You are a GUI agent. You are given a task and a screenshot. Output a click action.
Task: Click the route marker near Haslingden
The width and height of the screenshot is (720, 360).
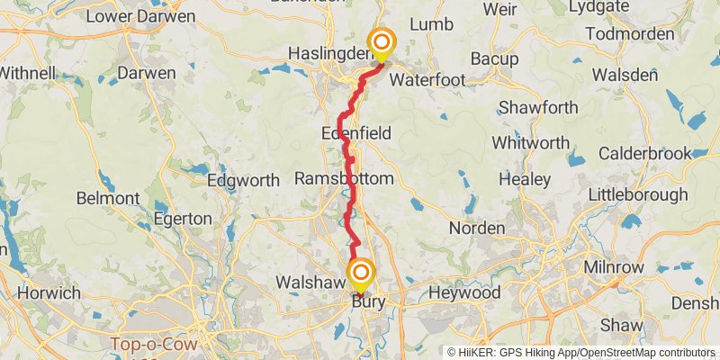pyautogui.click(x=382, y=43)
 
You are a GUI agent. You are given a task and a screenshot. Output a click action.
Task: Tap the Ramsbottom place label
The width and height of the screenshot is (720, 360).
pyautogui.click(x=344, y=179)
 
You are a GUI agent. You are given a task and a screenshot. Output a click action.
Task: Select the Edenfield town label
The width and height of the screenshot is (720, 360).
pyautogui.click(x=356, y=133)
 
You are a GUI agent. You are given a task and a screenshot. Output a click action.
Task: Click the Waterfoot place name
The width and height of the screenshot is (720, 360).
pyautogui.click(x=427, y=80)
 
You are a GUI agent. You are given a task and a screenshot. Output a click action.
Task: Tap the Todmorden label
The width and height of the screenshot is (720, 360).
pyautogui.click(x=629, y=34)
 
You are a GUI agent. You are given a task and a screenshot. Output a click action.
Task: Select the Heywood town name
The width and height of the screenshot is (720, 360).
pyautogui.click(x=464, y=293)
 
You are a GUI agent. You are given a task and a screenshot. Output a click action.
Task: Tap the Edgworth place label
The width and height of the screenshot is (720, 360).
pyautogui.click(x=243, y=180)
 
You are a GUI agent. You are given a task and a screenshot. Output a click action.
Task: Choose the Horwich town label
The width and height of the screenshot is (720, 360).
pyautogui.click(x=49, y=293)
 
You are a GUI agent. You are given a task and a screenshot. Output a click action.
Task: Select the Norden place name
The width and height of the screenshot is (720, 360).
pyautogui.click(x=477, y=229)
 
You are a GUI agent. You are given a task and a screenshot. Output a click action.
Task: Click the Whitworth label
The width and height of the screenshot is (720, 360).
pyautogui.click(x=531, y=143)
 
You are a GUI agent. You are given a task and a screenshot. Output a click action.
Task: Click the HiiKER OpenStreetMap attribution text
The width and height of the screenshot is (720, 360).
pyautogui.click(x=581, y=352)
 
